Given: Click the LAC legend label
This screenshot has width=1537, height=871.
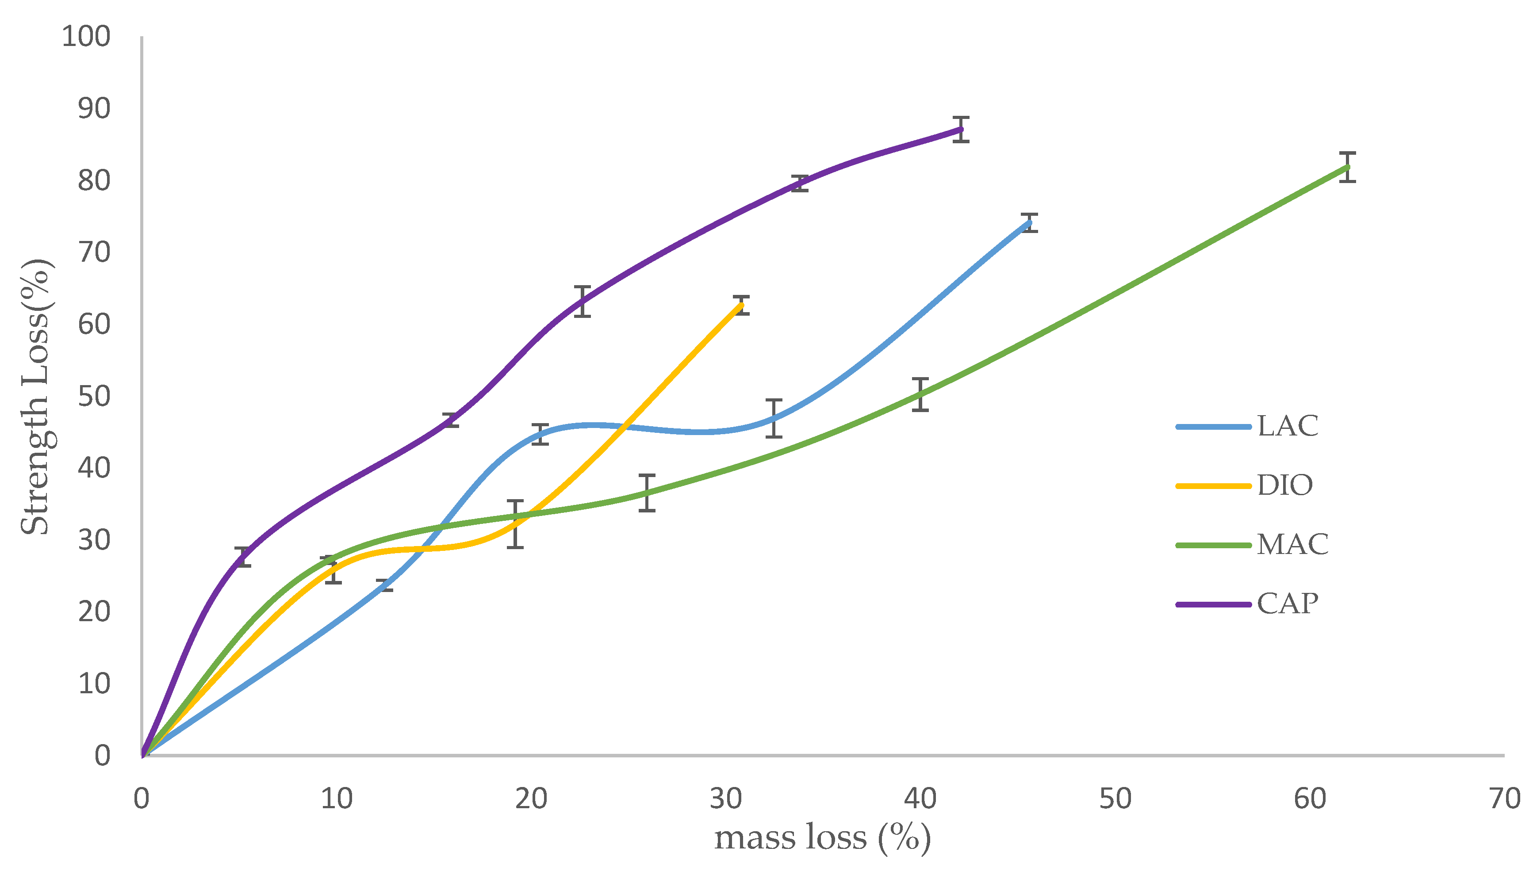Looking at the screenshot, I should tap(1288, 426).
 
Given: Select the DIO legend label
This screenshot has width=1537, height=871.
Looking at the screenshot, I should tap(1284, 485).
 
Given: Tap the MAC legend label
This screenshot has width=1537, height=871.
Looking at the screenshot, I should tap(1292, 544).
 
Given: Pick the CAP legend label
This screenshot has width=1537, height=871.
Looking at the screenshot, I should tap(1288, 603).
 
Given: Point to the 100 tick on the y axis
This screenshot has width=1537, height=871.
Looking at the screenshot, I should tap(86, 37).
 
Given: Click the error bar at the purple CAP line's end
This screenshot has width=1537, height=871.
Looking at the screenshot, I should tap(961, 129).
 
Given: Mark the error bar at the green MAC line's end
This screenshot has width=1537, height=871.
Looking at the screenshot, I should tap(1347, 167).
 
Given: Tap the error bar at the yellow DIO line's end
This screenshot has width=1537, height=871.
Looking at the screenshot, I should tap(741, 305).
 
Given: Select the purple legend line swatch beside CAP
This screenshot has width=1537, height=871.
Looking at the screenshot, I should tap(1213, 604).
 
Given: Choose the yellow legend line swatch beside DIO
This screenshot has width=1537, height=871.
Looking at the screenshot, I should tap(1213, 486).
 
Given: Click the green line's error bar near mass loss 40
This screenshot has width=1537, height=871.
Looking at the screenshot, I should tap(920, 394).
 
